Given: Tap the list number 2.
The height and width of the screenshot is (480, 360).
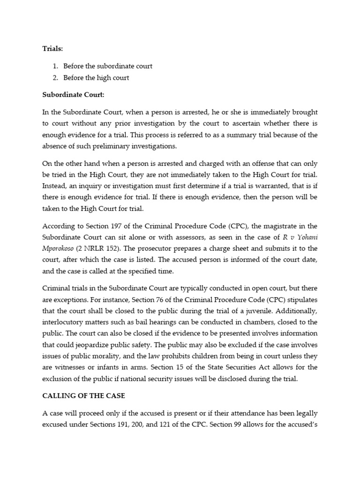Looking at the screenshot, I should point(55,77).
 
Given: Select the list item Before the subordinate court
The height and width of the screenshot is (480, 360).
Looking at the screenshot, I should point(108,66).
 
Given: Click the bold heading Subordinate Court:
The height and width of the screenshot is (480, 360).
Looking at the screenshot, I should point(73,95).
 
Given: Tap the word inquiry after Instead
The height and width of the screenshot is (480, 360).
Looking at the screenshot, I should point(91,186).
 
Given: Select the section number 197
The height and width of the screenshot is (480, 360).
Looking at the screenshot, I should point(115,225).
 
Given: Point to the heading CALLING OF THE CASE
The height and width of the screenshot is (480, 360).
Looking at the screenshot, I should point(84,396).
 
